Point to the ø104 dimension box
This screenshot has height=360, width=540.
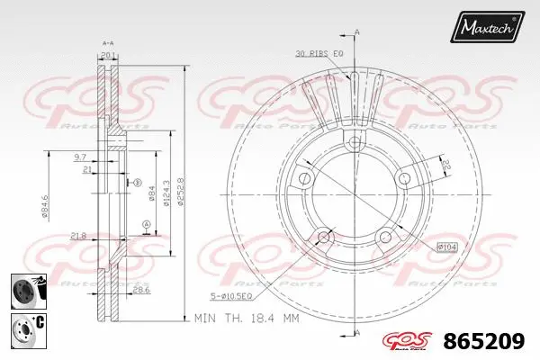coord(447,246)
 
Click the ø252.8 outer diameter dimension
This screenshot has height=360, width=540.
coord(182,189)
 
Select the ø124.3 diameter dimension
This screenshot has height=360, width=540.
coord(167,189)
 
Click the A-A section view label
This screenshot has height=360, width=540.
coord(107,42)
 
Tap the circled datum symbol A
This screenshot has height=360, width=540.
coord(146,223)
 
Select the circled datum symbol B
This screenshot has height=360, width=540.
coord(138,183)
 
